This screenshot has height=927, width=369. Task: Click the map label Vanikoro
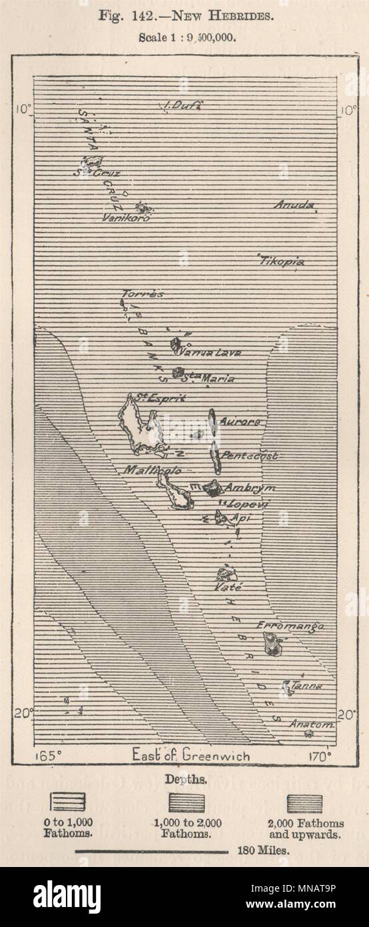click(126, 217)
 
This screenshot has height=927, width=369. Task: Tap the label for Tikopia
click(281, 261)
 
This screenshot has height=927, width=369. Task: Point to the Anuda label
click(294, 205)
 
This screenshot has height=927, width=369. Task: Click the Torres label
click(143, 293)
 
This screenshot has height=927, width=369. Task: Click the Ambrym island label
click(249, 488)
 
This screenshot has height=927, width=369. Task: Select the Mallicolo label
click(153, 470)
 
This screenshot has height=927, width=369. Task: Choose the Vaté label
click(228, 588)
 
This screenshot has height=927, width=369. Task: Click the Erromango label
click(291, 626)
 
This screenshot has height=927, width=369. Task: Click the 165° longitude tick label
click(48, 756)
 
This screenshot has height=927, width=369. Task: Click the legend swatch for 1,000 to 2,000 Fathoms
click(186, 802)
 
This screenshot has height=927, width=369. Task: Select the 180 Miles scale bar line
click(152, 852)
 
